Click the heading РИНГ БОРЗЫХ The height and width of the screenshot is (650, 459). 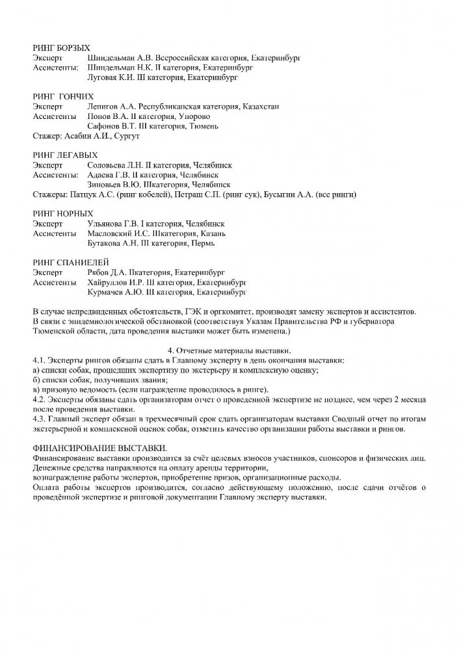click(61, 48)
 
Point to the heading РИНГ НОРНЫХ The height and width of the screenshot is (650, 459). click(62, 213)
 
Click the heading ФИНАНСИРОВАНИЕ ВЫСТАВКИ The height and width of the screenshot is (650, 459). click(99, 449)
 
